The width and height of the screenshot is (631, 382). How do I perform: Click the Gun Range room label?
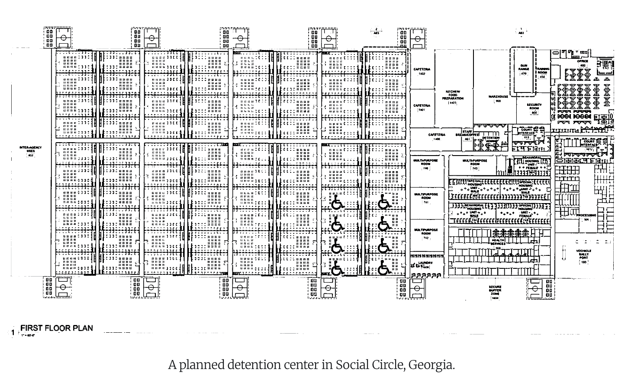tap(524, 67)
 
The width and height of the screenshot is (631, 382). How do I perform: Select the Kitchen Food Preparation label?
tap(453, 95)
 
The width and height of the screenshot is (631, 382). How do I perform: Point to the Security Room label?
tap(534, 107)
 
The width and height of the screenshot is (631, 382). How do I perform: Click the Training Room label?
tap(543, 71)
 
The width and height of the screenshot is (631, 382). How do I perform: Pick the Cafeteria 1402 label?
tap(422, 70)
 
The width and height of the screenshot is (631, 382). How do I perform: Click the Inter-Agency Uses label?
tap(30, 150)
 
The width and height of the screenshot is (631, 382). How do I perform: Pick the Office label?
tap(583, 61)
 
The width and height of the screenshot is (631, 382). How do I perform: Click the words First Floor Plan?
tap(57, 328)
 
